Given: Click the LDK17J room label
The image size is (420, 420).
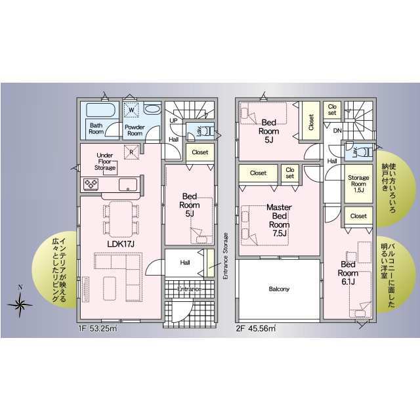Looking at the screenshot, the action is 120,243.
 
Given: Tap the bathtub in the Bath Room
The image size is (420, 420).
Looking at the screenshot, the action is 101,110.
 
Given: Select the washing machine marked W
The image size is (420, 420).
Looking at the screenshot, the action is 131,110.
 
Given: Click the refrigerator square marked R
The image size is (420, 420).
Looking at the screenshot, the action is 131,152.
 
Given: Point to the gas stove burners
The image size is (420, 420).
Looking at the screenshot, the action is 91,184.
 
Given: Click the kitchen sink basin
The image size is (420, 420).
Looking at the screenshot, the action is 128,184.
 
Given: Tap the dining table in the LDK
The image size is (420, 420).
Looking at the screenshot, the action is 121,219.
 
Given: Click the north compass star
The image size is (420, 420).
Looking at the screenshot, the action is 20,304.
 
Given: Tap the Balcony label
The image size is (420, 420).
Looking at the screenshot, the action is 279,289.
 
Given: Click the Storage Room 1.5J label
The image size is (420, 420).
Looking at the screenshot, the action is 358,184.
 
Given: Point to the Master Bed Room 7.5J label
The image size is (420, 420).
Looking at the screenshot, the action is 279,220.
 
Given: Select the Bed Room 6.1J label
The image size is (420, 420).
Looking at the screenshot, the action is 348,273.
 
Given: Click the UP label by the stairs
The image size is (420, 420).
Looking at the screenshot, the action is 173,121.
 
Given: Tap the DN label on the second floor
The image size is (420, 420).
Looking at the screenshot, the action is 337,131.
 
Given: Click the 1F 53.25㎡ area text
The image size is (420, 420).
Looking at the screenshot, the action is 98,328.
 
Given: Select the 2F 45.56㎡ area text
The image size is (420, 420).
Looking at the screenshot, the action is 256,328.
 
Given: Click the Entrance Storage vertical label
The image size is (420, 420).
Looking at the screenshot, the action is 226,256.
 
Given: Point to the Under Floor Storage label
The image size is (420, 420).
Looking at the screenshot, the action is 105,161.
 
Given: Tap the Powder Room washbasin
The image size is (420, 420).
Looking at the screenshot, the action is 152,109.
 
